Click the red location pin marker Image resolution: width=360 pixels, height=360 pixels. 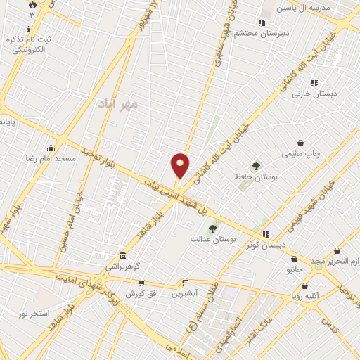(x=180, y=166)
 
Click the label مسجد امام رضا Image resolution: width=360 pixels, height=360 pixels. (x=51, y=160)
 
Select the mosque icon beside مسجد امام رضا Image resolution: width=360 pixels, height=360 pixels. (x=51, y=148)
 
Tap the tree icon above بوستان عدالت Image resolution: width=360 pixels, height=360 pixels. (x=213, y=228)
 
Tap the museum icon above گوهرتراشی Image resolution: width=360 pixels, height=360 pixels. (x=123, y=255)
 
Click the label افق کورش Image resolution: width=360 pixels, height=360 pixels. (x=141, y=294)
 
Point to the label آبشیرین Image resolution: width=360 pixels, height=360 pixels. (x=185, y=293)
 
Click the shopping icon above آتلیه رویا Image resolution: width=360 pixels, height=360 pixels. (x=305, y=285)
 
